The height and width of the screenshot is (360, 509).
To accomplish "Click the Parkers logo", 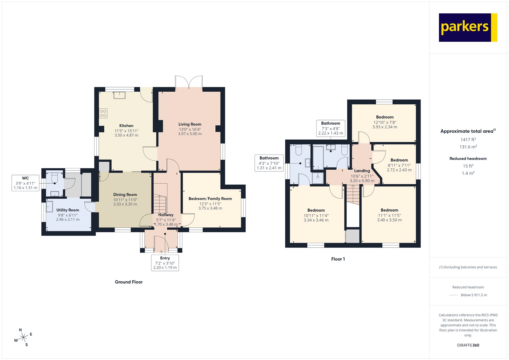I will pyautogui.click(x=468, y=27).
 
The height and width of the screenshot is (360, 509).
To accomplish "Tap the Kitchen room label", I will pyautogui.click(x=126, y=126).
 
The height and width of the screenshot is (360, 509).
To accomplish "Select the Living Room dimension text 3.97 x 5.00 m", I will pyautogui.click(x=190, y=134).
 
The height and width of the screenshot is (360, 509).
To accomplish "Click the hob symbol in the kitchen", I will pyautogui.click(x=103, y=113).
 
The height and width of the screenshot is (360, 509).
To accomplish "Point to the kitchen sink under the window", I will pyautogui.click(x=120, y=95).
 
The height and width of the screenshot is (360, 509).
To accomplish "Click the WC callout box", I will pyautogui.click(x=25, y=183).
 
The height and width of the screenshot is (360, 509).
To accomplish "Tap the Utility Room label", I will pyautogui.click(x=68, y=210).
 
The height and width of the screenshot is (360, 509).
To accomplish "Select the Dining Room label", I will pyautogui.click(x=125, y=194).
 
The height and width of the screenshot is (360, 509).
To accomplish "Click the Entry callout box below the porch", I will pyautogui.click(x=165, y=263).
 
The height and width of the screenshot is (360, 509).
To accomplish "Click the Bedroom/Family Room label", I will pyautogui.click(x=210, y=199).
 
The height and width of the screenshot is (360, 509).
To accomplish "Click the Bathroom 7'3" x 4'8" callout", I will pyautogui.click(x=331, y=128).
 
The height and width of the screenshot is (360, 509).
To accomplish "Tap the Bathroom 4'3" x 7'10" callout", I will pyautogui.click(x=269, y=163).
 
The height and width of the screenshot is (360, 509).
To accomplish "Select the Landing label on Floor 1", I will pyautogui.click(x=362, y=171).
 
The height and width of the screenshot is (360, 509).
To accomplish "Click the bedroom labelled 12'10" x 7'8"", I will pyautogui.click(x=385, y=122).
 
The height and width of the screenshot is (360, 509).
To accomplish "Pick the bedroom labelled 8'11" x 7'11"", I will pyautogui.click(x=399, y=165).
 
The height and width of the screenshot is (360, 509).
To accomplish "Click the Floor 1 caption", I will pyautogui.click(x=338, y=259).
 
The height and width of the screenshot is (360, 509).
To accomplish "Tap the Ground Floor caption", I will pyautogui.click(x=129, y=282).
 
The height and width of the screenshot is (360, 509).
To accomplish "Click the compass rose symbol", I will pyautogui.click(x=23, y=338).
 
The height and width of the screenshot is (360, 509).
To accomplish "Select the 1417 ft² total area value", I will pyautogui.click(x=468, y=140).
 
